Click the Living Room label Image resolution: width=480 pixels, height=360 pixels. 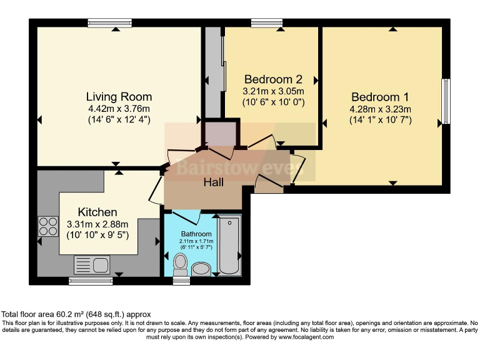point(119,97)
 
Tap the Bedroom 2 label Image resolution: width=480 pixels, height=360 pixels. point(273,79)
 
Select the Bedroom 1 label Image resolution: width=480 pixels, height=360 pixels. point(380,97)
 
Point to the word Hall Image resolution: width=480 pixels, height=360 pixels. point(213,182)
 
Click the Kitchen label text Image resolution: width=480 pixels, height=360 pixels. point(97,212)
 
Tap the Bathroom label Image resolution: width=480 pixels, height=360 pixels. point(196,234)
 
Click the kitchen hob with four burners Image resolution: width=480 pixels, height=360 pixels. point(48,226)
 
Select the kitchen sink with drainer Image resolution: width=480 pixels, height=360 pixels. point(92,265)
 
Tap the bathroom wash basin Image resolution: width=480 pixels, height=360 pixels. point(201,269)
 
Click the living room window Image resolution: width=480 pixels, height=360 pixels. point(109,22)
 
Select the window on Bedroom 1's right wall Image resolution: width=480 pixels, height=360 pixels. point(446,101)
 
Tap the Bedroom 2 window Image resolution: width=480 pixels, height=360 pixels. point(267,22)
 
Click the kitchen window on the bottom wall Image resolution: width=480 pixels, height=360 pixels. point(91,281)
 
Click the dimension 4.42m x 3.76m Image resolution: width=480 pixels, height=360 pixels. point(119,109)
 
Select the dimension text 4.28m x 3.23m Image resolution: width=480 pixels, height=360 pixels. point(380,109)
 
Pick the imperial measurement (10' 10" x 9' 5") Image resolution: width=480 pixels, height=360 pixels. point(97,236)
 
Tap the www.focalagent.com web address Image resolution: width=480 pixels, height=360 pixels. point(306,337)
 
